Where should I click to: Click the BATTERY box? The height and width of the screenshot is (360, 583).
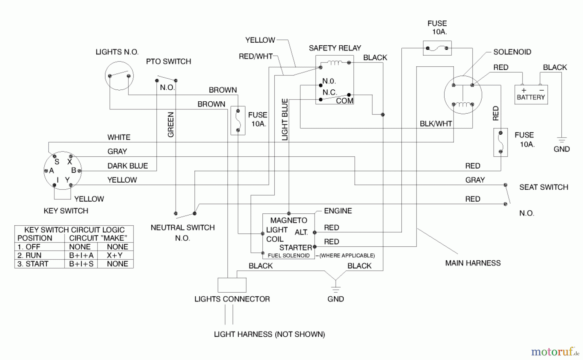531,95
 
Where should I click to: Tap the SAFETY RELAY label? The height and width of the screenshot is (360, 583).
335,48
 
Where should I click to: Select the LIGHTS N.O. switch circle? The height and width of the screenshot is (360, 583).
119,76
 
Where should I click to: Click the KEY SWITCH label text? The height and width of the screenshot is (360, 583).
66,211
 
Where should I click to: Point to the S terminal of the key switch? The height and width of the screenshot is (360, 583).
57,162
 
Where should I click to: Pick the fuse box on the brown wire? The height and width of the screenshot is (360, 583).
238,120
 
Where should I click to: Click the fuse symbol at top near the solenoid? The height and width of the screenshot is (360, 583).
437,48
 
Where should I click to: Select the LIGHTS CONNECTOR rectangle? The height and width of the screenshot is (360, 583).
232,285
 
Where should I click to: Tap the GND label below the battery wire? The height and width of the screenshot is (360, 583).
561,149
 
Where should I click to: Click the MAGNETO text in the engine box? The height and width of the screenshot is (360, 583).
289,220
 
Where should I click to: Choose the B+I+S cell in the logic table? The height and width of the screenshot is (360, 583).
81,264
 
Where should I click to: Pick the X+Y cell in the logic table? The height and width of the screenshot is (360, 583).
115,255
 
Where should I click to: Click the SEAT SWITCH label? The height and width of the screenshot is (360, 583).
543,187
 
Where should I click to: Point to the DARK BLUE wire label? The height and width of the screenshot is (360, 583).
127,166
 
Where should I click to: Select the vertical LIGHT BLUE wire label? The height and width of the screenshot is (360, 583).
285,119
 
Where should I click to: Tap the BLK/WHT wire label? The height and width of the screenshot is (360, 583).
436,124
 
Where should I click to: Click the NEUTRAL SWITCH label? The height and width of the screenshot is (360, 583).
182,228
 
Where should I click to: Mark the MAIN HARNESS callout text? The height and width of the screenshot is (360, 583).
473,263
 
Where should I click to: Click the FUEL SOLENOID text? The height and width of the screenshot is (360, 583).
288,255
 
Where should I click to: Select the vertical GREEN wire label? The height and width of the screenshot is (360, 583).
171,125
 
